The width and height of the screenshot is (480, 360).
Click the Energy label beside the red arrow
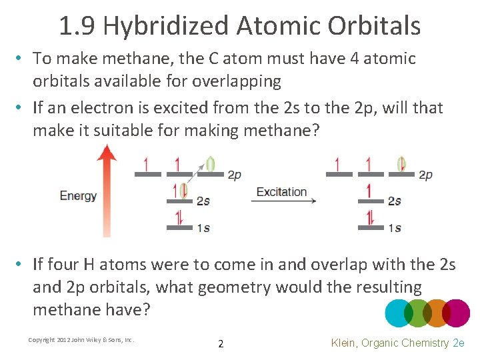pyautogui.click(x=78, y=196)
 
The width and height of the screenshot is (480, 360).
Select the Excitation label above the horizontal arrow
pyautogui.click(x=281, y=192)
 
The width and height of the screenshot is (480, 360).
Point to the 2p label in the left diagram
pyautogui.click(x=234, y=175)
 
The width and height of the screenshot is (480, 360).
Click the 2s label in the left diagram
pyautogui.click(x=204, y=201)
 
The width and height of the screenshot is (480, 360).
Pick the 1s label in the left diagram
pyautogui.click(x=203, y=228)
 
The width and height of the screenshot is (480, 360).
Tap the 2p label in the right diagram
pyautogui.click(x=425, y=175)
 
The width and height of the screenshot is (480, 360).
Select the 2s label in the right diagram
pyautogui.click(x=395, y=201)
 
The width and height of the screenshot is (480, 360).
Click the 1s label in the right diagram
pyautogui.click(x=395, y=228)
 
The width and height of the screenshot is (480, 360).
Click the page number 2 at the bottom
pyautogui.click(x=221, y=344)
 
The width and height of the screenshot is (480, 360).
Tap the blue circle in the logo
pyautogui.click(x=399, y=313)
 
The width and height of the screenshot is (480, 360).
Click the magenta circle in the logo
pyautogui.click(x=456, y=313)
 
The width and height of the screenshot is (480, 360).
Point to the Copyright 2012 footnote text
pyautogui.click(x=81, y=340)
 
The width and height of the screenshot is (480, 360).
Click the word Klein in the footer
pyautogui.click(x=347, y=343)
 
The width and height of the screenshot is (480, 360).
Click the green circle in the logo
pyautogui.click(x=418, y=313)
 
